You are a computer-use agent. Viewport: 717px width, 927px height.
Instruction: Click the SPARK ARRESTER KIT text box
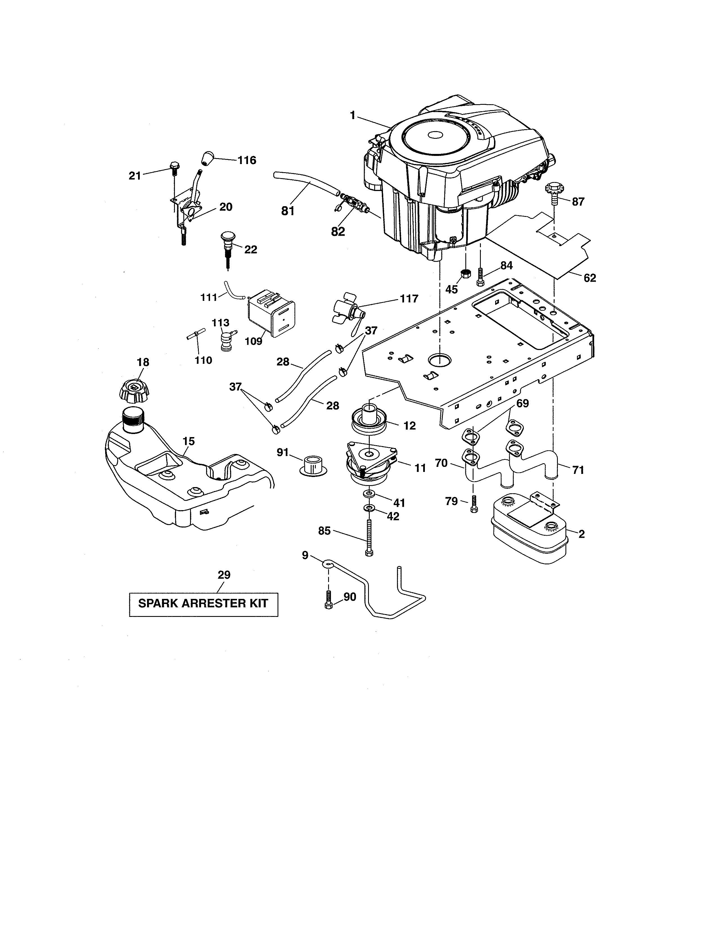tap(204, 604)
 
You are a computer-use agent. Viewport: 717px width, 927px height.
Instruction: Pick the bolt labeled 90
tap(328, 601)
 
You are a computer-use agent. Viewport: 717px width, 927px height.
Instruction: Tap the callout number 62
tap(590, 278)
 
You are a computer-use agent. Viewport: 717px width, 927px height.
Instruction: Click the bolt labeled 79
tap(474, 504)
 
